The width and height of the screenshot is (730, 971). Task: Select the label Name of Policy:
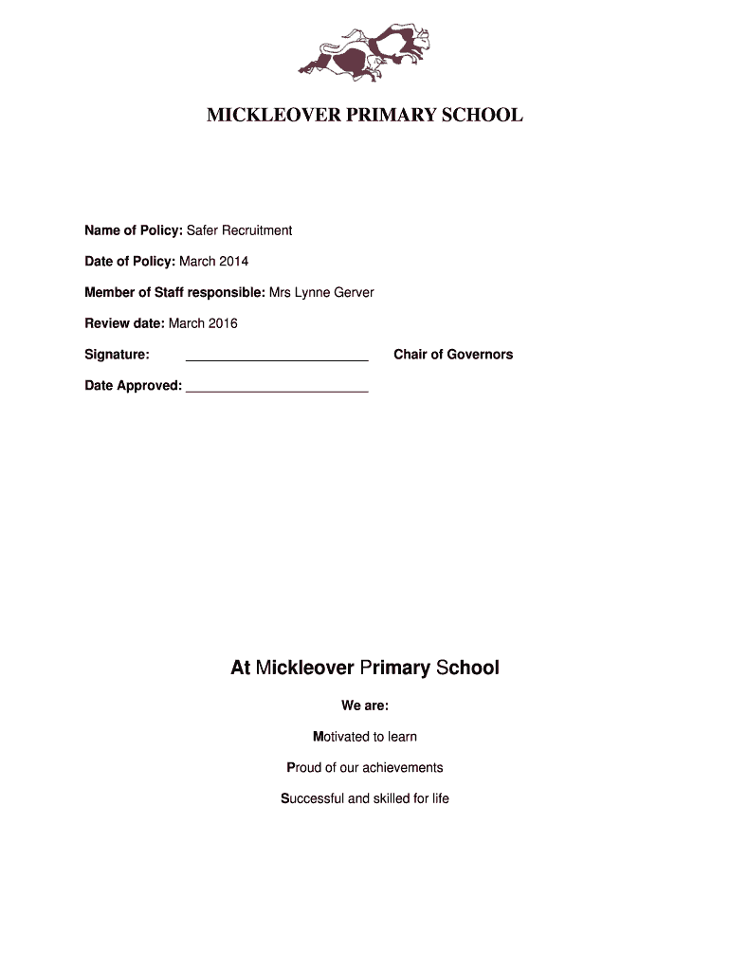tap(134, 230)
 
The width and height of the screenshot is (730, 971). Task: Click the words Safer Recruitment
tap(239, 230)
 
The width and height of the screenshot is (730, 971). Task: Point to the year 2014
tap(233, 261)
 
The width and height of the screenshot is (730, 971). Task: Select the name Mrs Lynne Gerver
tap(321, 292)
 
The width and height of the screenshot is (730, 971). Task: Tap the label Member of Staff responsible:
tap(174, 292)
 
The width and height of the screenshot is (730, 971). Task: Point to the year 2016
tap(223, 323)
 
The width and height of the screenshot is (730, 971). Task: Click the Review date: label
tap(124, 323)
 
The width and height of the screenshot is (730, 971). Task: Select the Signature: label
tap(117, 355)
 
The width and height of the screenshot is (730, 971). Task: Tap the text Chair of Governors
tap(453, 355)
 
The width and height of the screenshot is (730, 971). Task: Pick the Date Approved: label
tap(133, 386)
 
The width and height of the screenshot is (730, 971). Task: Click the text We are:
tap(365, 705)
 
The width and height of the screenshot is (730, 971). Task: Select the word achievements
tap(402, 767)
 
